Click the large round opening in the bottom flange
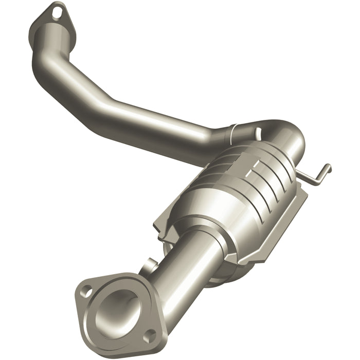tap(119, 308)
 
